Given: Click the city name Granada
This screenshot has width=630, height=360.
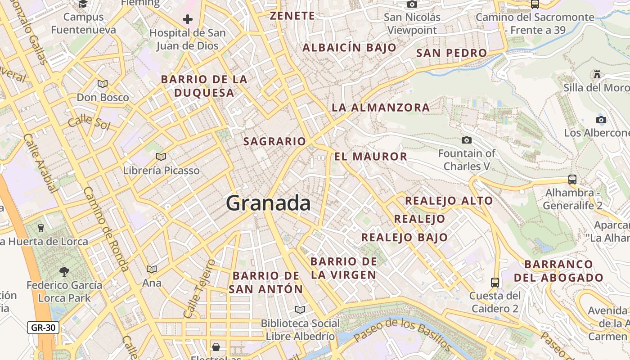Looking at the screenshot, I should point(268,203).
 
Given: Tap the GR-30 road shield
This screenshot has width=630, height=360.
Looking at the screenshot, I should point(43,327).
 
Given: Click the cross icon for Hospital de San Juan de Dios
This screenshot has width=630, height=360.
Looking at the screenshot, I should point(188,19).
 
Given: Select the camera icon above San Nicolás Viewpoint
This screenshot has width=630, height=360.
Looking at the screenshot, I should point(412,4).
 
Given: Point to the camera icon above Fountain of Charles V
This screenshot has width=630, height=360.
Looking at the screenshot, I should point(467,140).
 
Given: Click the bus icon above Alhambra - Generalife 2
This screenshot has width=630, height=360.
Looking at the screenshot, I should point(572,179).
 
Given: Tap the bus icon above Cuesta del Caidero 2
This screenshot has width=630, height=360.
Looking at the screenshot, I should point(495,282).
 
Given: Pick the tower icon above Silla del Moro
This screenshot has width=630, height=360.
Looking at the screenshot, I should point(597,74).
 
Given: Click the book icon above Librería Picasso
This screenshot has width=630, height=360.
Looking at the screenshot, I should point(161,157).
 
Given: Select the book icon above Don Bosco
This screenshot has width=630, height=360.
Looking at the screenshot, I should point(103,84).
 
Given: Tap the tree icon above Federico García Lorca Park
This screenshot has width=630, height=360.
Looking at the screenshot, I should point(64,271).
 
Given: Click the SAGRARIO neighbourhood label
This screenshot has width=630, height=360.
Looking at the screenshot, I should point(274,141).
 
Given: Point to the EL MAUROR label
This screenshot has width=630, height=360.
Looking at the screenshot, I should point(370,157).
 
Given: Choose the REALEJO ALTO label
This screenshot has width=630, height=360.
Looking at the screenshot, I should point(449,201).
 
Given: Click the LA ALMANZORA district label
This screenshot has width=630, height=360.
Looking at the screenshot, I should point(381,108).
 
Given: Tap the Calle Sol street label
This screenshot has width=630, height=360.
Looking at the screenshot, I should point(89,121).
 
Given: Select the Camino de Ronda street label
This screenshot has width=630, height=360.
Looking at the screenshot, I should point(107,229).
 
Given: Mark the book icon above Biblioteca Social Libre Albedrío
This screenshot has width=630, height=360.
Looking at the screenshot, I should point(300,310).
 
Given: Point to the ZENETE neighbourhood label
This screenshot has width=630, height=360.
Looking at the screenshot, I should point(292,16).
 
